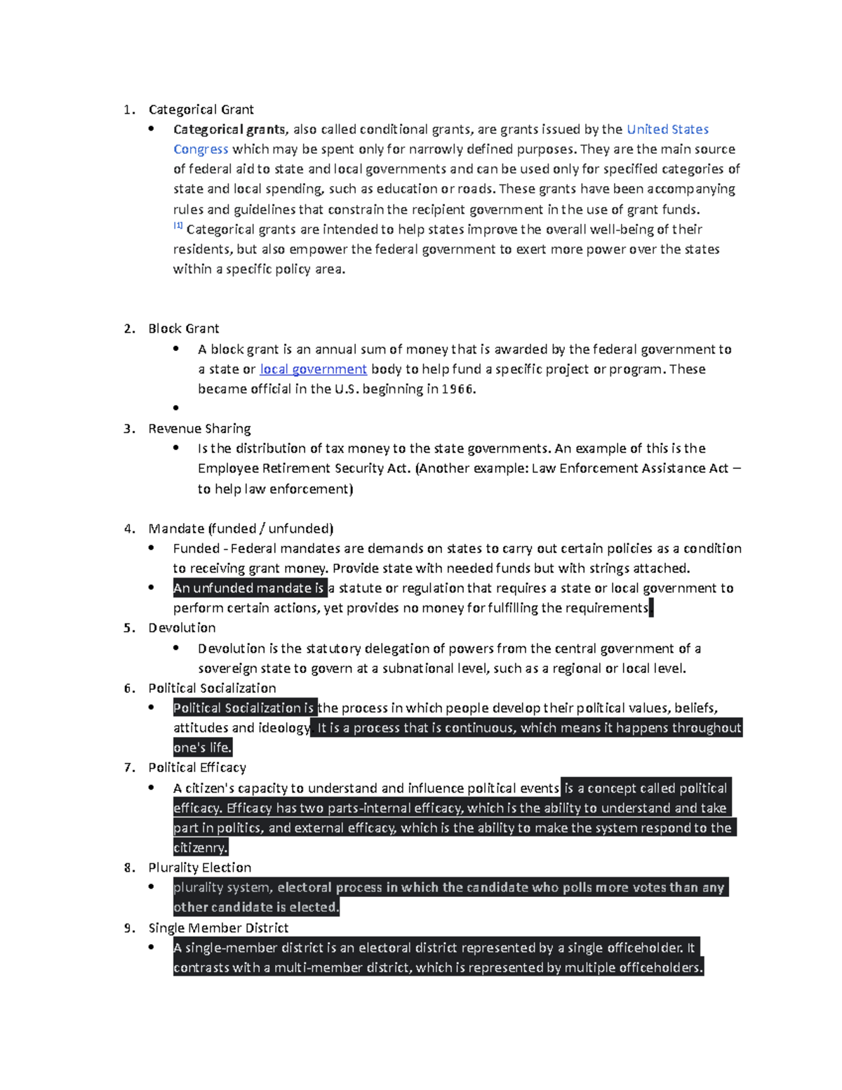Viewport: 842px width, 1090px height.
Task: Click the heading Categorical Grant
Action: [201, 109]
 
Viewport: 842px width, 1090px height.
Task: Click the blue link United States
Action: [667, 129]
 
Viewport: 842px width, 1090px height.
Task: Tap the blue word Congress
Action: [201, 149]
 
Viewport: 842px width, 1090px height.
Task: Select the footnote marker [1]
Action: [178, 226]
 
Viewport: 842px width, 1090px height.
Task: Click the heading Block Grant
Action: [183, 328]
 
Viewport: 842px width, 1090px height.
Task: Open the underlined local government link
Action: [313, 369]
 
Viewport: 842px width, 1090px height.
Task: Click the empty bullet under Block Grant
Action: [176, 408]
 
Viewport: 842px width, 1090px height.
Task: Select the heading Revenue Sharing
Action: [199, 429]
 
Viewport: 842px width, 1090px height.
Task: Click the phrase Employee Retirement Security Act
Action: [303, 469]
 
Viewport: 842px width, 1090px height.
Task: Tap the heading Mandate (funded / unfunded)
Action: [241, 529]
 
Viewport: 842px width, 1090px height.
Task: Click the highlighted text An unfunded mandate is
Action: [249, 588]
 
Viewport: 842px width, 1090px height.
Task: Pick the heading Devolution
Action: [182, 628]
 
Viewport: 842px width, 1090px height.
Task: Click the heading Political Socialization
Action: [212, 689]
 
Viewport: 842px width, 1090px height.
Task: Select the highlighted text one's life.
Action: [202, 747]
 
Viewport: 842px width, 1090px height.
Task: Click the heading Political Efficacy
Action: [197, 768]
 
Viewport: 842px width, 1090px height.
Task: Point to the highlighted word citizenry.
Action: [200, 848]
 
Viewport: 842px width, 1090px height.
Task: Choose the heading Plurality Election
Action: [199, 868]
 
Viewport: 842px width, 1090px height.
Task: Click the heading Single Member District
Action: [218, 928]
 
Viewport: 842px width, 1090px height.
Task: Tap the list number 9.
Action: [129, 928]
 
